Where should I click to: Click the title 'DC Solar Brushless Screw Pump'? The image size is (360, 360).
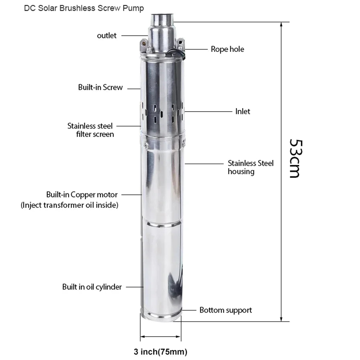pyautogui.click(x=84, y=8)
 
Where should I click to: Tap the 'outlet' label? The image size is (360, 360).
pyautogui.click(x=107, y=36)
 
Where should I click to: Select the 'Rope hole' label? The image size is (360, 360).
pyautogui.click(x=227, y=49)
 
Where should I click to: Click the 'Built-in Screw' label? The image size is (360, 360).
pyautogui.click(x=100, y=87)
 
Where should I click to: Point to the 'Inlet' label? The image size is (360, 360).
pyautogui.click(x=243, y=111)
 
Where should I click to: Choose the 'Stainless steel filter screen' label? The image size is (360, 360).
pyautogui.click(x=90, y=130)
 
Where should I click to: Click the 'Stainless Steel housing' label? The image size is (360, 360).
pyautogui.click(x=251, y=167)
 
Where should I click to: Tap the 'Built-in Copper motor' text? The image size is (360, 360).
pyautogui.click(x=82, y=195)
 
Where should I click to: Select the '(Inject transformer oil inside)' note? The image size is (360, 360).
pyautogui.click(x=69, y=205)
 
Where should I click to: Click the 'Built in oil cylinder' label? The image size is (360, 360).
pyautogui.click(x=92, y=287)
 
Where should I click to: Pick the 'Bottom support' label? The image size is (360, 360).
pyautogui.click(x=226, y=310)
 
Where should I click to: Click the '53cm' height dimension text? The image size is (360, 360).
pyautogui.click(x=294, y=158)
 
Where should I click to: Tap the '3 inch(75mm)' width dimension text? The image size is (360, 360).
pyautogui.click(x=161, y=351)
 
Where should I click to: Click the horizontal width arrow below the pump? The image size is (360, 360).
pyautogui.click(x=161, y=337)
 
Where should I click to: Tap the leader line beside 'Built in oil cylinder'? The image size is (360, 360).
pyautogui.click(x=134, y=287)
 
